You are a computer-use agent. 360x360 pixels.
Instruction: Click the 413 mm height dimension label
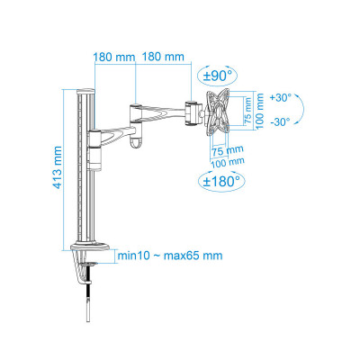(x=58, y=167)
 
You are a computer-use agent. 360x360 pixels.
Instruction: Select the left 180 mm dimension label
(x=114, y=57)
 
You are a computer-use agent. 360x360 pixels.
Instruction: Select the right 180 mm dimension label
(x=163, y=57)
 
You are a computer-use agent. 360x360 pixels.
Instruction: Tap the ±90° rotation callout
(x=218, y=75)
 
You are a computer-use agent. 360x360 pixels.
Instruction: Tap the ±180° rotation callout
(x=221, y=181)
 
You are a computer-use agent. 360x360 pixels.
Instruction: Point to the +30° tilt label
(x=281, y=98)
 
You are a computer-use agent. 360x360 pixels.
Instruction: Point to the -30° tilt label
(x=280, y=121)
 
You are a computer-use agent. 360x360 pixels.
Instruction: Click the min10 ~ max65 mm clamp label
(x=170, y=256)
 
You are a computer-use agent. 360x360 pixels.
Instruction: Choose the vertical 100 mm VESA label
(x=260, y=111)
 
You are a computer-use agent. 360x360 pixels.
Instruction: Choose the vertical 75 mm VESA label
(x=248, y=111)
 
